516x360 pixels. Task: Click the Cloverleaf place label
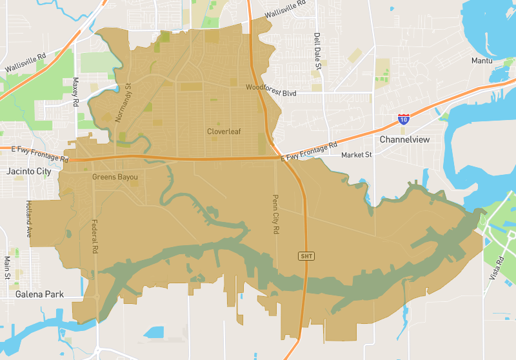pos(224,132)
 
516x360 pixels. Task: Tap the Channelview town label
pos(404,139)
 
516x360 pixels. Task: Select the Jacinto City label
pos(28,172)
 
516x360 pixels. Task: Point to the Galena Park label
pos(40,294)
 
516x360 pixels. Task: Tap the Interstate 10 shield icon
pos(404,119)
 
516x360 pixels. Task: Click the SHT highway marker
pos(306,256)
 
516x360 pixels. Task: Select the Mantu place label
pos(482,61)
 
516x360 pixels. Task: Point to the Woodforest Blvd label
pos(271,92)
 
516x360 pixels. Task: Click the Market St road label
pos(357,155)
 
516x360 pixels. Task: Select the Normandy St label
pos(123,103)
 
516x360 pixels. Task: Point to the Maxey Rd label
pos(75,92)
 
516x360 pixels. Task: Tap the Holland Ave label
pos(29,218)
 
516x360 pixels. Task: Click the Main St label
pos(8,267)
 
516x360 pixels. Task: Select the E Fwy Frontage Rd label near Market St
pos(309,152)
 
